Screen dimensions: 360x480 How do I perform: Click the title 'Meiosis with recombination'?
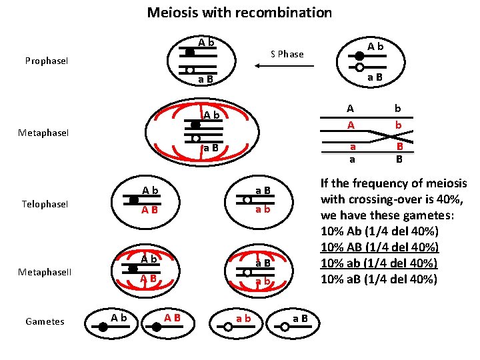(239, 13)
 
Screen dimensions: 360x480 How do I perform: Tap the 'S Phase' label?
(287, 54)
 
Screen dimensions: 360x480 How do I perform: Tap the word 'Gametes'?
(45, 321)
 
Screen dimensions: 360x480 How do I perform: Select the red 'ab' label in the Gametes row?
(243, 318)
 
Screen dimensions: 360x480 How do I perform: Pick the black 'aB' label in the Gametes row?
(300, 318)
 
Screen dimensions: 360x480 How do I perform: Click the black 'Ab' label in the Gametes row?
(119, 317)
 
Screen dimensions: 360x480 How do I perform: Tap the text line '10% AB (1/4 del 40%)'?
(379, 247)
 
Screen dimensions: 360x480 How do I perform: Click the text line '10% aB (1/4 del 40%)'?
(379, 279)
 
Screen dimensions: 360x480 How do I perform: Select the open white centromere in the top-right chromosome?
(360, 67)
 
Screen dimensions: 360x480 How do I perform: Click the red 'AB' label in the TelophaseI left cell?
(149, 210)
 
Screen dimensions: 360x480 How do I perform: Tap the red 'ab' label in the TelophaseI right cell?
(262, 209)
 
